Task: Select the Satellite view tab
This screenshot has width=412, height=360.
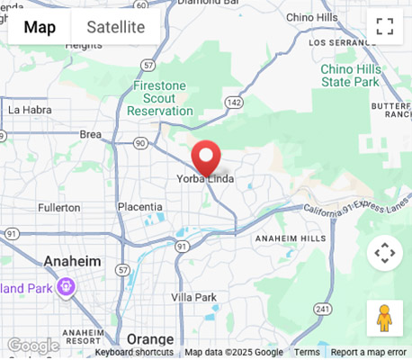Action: [115, 27]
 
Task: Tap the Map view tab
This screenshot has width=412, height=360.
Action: [40, 27]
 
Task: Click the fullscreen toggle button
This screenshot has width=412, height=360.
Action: [385, 27]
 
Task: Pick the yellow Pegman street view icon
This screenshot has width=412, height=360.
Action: [384, 319]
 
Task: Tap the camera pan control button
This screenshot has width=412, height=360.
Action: [384, 253]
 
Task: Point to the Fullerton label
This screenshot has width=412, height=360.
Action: [59, 208]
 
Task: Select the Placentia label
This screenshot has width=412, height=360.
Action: [140, 207]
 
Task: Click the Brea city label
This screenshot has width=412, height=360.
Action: [91, 134]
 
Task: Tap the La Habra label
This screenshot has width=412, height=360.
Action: [26, 110]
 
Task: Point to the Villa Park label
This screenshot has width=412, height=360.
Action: [193, 297]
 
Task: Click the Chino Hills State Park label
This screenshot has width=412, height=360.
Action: [351, 75]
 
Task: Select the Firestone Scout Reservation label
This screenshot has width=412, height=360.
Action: [160, 98]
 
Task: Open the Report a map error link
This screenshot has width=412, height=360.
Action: [368, 353]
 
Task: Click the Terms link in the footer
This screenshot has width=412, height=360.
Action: [307, 353]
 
